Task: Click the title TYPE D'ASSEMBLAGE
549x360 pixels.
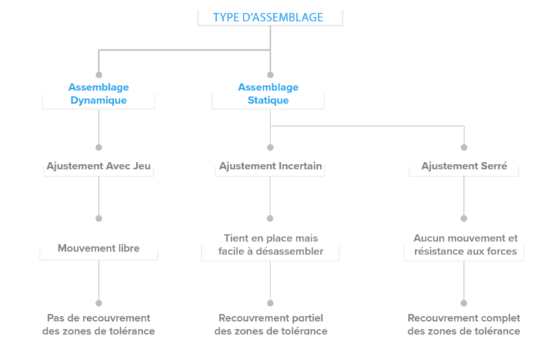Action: (268, 18)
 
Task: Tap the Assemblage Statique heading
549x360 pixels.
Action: (268, 94)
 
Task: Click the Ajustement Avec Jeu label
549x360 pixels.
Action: (99, 166)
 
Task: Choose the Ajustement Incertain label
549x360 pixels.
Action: (270, 166)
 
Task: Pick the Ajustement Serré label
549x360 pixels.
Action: (465, 166)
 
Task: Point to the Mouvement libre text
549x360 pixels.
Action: (99, 248)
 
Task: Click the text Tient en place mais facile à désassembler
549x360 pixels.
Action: (270, 245)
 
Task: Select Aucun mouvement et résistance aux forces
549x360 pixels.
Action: (465, 245)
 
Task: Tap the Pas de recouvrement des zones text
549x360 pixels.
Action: (99, 324)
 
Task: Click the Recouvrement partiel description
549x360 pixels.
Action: (270, 324)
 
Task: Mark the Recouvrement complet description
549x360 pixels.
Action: (464, 324)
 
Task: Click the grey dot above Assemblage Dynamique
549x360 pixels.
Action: (99, 75)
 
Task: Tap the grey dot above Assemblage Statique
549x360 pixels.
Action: (270, 75)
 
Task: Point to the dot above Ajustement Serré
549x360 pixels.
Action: (465, 147)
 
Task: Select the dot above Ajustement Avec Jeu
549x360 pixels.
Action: (99, 147)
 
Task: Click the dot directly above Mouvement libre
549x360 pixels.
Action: (99, 218)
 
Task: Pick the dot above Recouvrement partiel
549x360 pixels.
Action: (270, 303)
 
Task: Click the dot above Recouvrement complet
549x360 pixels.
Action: (464, 303)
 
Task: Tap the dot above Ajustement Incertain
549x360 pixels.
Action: (270, 147)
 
